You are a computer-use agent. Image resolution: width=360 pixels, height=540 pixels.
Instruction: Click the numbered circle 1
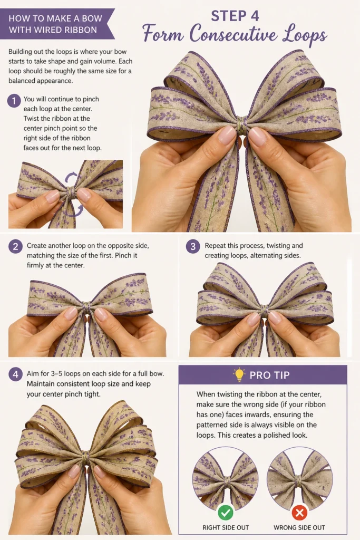click(x=14, y=101)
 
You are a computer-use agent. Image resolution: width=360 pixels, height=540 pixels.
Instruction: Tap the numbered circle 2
click(x=15, y=247)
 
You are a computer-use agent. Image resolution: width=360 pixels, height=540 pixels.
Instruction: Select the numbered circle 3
click(x=193, y=247)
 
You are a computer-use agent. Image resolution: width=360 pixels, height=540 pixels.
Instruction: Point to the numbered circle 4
click(x=15, y=374)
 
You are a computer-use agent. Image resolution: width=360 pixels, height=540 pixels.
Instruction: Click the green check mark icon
click(x=226, y=513)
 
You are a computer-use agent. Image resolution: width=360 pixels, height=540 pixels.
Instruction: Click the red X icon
click(x=299, y=513)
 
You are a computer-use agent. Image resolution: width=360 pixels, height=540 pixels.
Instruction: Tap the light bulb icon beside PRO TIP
click(x=239, y=375)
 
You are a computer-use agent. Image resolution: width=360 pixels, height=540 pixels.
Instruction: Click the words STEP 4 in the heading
click(x=235, y=16)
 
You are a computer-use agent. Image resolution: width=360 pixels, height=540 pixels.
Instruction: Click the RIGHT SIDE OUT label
click(x=226, y=527)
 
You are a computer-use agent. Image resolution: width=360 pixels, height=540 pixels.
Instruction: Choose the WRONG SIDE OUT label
click(x=299, y=527)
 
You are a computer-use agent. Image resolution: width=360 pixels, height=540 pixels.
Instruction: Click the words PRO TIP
click(x=269, y=375)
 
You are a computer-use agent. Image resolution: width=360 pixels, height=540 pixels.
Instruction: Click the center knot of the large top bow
click(x=242, y=126)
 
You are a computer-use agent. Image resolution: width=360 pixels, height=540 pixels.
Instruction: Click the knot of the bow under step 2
click(x=86, y=306)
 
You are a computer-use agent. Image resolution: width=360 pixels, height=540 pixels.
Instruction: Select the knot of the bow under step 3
click(x=264, y=308)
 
